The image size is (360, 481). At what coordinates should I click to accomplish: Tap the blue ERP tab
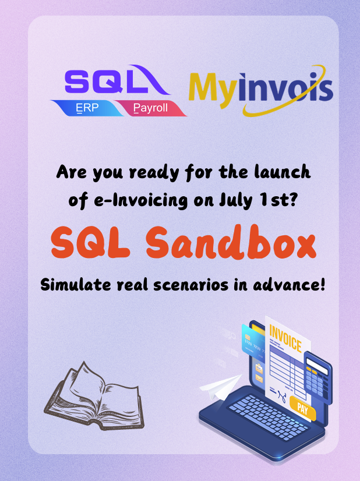click(x=87, y=108)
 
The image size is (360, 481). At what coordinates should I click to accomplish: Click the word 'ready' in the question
click(x=154, y=173)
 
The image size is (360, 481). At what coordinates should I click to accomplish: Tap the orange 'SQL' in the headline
click(x=90, y=243)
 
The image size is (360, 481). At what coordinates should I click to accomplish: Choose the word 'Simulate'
click(x=76, y=284)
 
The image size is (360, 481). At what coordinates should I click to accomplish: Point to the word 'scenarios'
click(x=190, y=285)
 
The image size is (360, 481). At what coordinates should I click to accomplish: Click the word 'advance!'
click(x=289, y=284)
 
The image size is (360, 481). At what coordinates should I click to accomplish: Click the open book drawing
click(x=94, y=397)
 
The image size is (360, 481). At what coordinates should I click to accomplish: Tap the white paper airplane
click(x=221, y=387)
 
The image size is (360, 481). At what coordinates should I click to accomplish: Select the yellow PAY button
click(x=302, y=408)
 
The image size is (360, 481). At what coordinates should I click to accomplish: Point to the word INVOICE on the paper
click(x=285, y=339)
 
